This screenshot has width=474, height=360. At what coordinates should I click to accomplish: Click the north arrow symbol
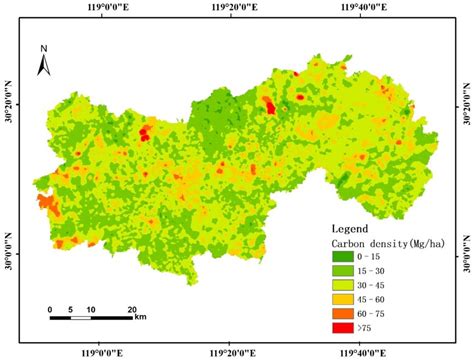pos(44,65)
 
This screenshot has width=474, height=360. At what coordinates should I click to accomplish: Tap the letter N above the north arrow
pos(44,47)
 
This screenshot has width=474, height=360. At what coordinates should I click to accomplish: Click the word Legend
pos(349,229)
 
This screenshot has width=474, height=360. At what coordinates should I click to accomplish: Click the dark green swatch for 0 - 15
pos(345,257)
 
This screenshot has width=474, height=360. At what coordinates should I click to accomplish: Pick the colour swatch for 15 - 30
pos(345,271)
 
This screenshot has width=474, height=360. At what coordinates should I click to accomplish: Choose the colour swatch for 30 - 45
pos(345,284)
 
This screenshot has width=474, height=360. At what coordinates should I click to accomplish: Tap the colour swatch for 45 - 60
pos(345,298)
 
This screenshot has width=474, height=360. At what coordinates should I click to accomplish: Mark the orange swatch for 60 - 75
pos(345,312)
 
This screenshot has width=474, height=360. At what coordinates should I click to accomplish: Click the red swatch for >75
pos(345,326)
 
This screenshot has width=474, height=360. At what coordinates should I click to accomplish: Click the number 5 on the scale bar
pos(71,310)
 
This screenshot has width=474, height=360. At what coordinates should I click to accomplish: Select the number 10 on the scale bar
pos(91,310)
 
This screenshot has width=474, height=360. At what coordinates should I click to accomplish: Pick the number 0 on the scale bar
pos(50,310)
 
